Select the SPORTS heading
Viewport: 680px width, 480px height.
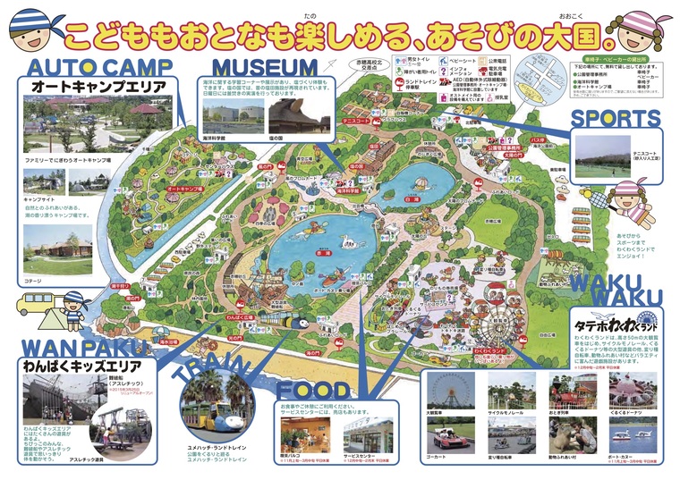coord(616,118)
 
